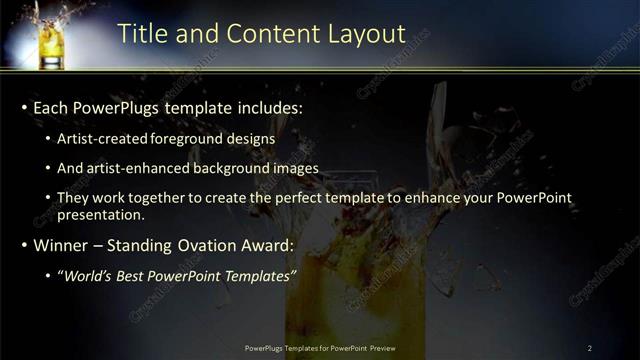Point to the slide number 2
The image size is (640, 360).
click(589, 348)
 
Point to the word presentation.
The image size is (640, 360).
click(100, 214)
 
